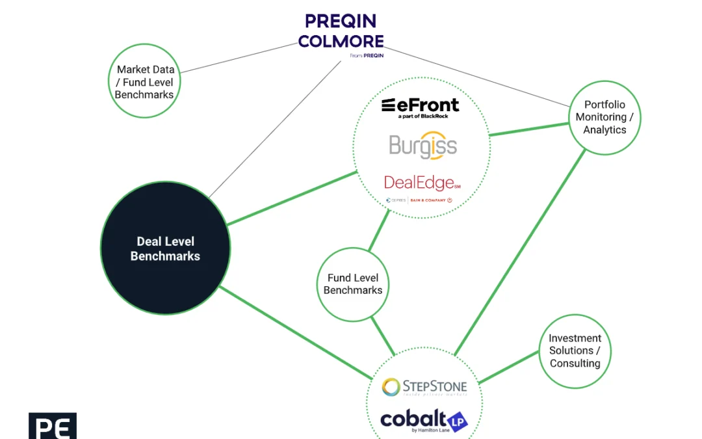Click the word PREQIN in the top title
[341, 21]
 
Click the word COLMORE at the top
[341, 41]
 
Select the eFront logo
[420, 105]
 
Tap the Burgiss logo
[423, 146]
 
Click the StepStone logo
[424, 387]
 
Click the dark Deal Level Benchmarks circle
[165, 248]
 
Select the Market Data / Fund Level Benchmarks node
[144, 82]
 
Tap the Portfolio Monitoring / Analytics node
[604, 117]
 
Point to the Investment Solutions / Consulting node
[575, 351]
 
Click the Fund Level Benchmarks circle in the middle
[353, 284]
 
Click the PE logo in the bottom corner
[53, 426]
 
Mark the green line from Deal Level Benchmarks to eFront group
[292, 198]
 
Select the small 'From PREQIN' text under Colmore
[367, 56]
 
